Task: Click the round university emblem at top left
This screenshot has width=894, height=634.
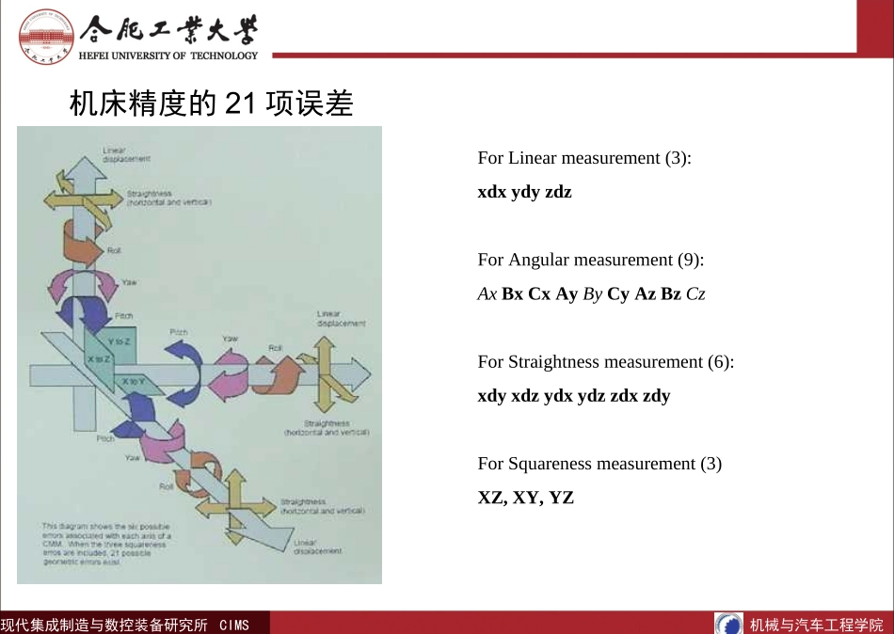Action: coord(46,36)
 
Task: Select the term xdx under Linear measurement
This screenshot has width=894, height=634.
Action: coord(492,192)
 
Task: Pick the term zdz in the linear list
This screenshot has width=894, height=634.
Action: coord(558,192)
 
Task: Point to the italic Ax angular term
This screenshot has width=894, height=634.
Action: coord(487,293)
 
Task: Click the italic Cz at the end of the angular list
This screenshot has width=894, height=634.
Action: coord(695,293)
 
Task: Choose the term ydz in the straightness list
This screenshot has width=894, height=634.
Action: coord(591,396)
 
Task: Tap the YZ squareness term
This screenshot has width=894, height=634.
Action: coord(562,498)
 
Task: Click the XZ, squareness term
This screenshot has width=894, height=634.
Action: coord(493,498)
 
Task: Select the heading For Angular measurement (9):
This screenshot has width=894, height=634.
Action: coord(591,260)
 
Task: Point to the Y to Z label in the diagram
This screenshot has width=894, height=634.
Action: coord(119,341)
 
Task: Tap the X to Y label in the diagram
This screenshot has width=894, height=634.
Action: coord(133,381)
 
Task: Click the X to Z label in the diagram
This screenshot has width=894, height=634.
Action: coord(99,359)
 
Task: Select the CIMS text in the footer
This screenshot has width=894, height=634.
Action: coord(234,625)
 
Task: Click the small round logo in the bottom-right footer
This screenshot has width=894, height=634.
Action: coord(728,624)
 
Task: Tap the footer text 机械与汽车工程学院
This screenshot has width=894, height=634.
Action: coord(816,625)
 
